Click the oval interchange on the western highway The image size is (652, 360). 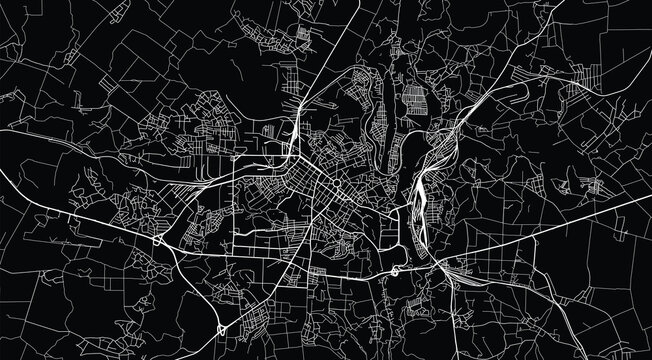coord(160,241)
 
